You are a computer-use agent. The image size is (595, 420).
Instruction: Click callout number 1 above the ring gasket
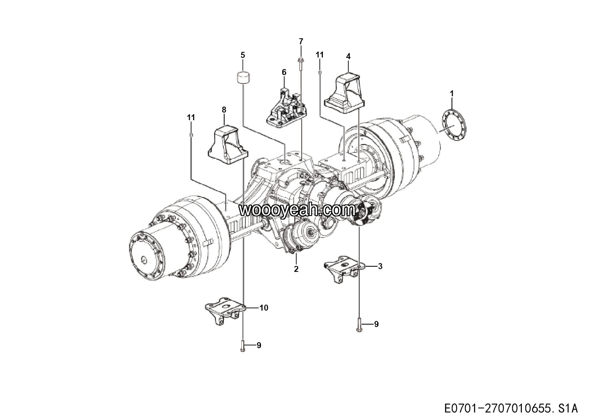click(x=452, y=94)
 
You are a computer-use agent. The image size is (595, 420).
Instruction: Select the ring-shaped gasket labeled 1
click(x=454, y=124)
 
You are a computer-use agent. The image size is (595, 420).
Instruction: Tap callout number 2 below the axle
click(x=296, y=269)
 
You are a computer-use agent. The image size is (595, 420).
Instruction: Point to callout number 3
click(x=380, y=266)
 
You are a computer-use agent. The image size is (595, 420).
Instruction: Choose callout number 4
click(x=348, y=56)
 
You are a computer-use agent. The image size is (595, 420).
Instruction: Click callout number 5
click(x=243, y=55)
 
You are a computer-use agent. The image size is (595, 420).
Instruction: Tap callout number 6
click(x=284, y=72)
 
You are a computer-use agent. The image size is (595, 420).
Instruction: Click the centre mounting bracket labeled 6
click(x=287, y=109)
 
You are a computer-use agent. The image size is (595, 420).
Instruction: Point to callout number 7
click(x=301, y=42)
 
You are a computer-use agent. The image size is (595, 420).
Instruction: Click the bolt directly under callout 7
click(x=301, y=64)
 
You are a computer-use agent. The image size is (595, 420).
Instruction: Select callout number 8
click(x=224, y=109)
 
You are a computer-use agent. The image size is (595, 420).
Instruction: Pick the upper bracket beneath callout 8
click(x=228, y=145)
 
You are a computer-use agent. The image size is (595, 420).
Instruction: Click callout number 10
click(x=264, y=308)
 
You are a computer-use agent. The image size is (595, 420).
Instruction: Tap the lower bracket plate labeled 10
click(x=225, y=311)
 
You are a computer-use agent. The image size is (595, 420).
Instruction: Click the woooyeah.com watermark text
click(x=297, y=210)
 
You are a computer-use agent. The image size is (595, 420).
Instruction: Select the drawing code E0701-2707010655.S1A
click(x=511, y=408)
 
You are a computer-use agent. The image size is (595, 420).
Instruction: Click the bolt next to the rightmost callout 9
click(x=359, y=325)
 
